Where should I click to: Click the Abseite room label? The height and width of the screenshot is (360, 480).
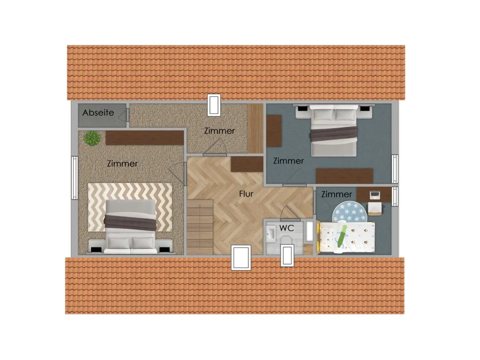98,112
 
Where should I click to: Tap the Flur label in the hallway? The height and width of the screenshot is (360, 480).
246,194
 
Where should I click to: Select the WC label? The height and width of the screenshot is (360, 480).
287,228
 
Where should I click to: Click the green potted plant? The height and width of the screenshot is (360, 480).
92,138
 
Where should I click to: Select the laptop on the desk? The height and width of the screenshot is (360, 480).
375,194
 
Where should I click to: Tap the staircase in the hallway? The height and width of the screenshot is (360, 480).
200,227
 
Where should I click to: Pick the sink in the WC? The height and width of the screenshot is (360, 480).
271,235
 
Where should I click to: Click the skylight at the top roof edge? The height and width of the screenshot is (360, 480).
214,105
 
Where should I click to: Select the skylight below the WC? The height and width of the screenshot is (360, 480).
287,255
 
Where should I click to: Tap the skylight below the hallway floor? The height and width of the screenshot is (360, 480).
241,257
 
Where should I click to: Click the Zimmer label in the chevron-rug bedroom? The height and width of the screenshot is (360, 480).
122,164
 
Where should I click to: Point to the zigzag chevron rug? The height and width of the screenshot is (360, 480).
130,207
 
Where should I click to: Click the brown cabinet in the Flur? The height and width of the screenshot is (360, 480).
247,164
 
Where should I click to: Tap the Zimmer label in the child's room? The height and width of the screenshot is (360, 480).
336,194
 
